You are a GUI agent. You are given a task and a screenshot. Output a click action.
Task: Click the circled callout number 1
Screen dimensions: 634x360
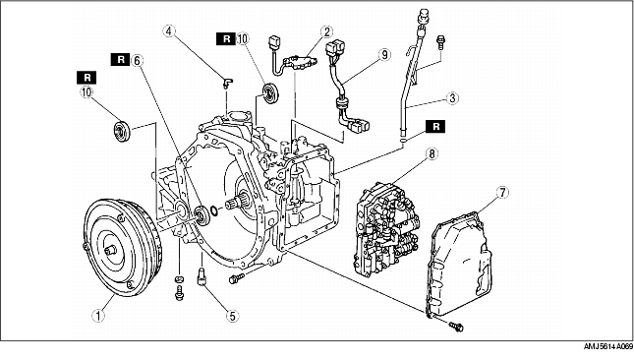click(98, 315)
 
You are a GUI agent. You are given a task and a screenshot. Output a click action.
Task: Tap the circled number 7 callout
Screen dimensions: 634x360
click(502, 193)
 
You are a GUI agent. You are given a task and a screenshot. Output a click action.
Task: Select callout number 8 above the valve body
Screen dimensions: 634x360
click(432, 153)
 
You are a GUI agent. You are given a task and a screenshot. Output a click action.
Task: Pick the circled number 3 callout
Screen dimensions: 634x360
click(452, 98)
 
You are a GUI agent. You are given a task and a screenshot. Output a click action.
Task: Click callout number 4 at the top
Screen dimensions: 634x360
click(169, 31)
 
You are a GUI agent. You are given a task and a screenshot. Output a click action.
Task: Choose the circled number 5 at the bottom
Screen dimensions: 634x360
click(232, 315)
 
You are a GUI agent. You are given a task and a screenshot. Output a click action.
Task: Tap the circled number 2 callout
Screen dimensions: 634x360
click(326, 31)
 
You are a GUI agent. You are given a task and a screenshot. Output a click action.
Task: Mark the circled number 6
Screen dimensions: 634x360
click(137, 60)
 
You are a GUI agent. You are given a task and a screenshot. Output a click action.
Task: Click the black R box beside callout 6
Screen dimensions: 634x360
click(121, 60)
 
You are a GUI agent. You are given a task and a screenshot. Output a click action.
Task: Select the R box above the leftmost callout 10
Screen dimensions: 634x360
click(86, 78)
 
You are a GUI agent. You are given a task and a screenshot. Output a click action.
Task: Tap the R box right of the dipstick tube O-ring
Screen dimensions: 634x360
click(435, 126)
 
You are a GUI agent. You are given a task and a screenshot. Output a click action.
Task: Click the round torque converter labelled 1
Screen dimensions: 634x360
click(123, 247)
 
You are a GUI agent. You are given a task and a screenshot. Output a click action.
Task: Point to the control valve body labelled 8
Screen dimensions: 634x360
click(387, 229)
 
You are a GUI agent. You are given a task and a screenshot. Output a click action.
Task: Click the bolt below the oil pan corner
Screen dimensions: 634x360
click(455, 326)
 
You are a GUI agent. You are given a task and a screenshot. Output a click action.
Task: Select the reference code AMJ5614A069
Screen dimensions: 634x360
click(607, 346)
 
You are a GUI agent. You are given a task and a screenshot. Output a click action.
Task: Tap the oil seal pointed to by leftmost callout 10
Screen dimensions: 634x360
click(121, 132)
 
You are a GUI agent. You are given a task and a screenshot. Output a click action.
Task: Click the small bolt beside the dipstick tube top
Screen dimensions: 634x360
click(440, 42)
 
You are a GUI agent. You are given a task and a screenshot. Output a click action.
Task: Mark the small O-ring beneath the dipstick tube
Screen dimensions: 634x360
click(403, 140)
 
